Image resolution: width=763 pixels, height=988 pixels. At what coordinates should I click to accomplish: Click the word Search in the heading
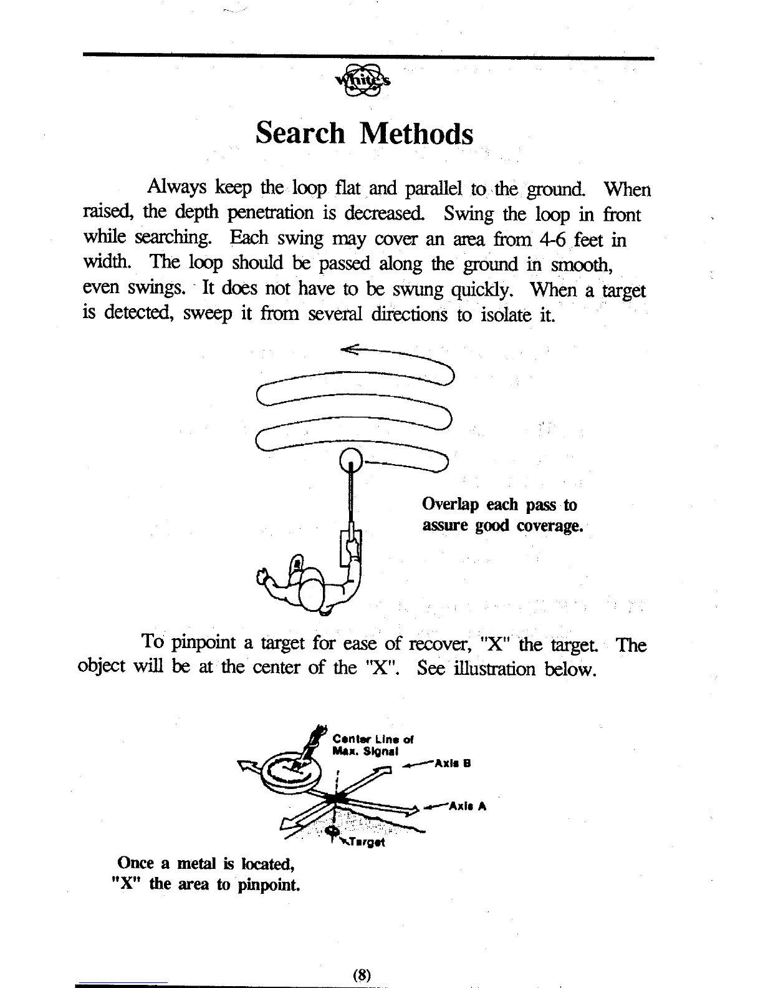click(300, 133)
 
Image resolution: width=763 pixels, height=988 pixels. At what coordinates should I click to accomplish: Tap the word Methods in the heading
click(416, 133)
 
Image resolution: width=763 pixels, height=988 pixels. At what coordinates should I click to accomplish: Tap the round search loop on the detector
click(351, 462)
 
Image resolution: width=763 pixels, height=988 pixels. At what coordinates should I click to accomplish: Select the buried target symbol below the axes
click(332, 832)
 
